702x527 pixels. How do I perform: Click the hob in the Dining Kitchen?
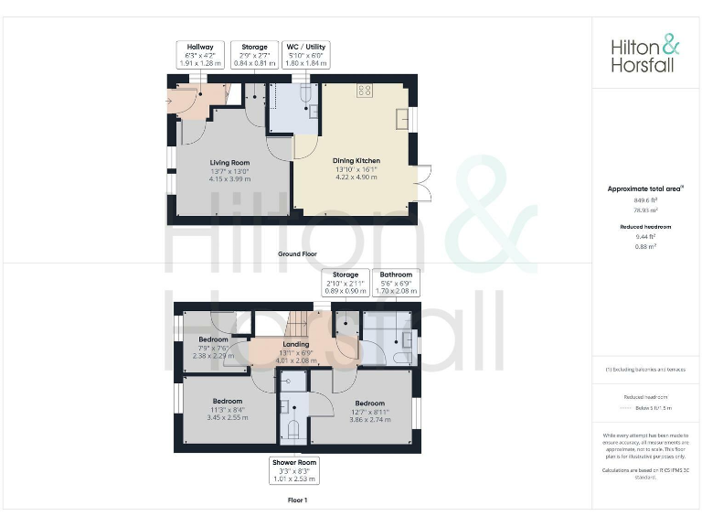[366, 90]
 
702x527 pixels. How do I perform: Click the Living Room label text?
[229, 162]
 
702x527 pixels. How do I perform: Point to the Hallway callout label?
[200, 47]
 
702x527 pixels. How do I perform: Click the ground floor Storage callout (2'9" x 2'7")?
[254, 55]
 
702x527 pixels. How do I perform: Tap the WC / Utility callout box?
[305, 55]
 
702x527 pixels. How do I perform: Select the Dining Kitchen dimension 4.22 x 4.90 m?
[356, 177]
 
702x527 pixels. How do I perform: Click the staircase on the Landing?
[300, 324]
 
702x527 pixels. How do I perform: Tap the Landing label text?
[296, 344]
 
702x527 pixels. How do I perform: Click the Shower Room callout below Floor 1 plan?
[295, 470]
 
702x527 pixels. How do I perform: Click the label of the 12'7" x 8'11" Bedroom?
[370, 403]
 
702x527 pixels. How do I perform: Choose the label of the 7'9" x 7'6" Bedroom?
[213, 339]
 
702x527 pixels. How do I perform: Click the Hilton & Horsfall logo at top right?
[644, 54]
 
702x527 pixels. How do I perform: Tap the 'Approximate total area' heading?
[645, 188]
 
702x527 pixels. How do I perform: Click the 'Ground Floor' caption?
[297, 253]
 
